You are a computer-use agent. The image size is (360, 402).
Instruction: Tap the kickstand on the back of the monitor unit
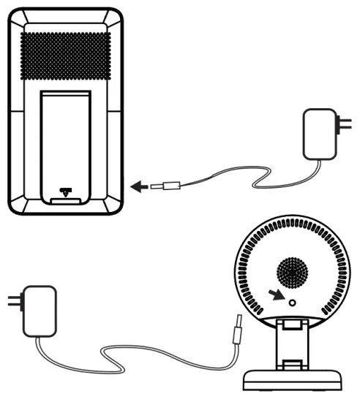coord(65,139)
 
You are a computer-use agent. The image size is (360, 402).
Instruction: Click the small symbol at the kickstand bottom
coord(66,194)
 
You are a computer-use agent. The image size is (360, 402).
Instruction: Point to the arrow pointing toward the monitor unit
coord(137,187)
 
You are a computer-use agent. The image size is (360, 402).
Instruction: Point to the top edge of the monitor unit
coord(66,10)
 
